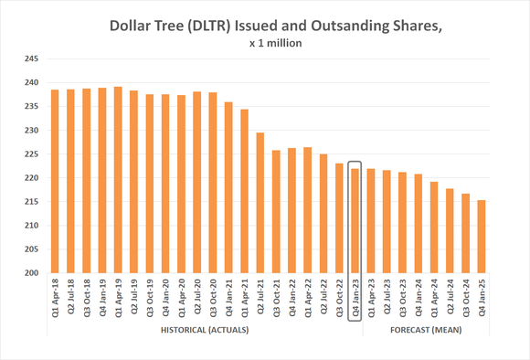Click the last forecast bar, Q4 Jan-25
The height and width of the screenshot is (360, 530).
click(482, 236)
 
